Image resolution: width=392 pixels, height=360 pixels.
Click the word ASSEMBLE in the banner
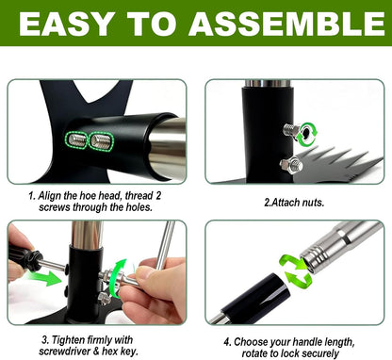click(286, 24)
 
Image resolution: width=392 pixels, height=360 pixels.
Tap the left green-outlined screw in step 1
click(76, 139)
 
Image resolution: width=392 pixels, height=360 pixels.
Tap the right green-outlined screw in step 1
click(101, 141)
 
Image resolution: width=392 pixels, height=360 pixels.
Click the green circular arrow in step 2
click(307, 135)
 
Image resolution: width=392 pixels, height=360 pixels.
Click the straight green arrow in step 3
click(44, 278)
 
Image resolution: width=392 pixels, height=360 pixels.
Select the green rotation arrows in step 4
click(295, 271)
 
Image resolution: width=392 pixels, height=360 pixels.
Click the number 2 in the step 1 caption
click(158, 196)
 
